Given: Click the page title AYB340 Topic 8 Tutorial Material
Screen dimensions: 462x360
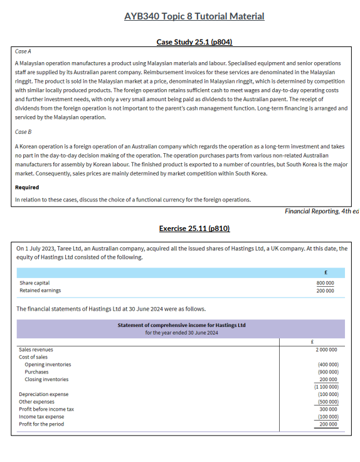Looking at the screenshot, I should coord(194,16).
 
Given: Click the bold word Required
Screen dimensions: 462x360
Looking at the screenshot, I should coord(27,187).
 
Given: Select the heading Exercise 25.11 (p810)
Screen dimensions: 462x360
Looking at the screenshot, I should coord(194,228).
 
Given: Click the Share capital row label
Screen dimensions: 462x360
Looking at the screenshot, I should coord(34,283).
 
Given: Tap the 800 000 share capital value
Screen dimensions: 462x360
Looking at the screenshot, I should coord(325,283).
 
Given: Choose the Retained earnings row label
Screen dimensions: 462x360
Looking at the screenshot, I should coord(40,290).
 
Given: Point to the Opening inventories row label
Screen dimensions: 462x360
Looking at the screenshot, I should coord(48,364).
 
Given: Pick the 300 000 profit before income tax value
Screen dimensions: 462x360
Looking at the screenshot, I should coord(328,409).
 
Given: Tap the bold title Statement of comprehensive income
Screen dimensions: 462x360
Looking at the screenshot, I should coord(181,325).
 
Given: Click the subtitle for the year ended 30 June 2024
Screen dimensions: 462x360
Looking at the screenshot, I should coord(181,332).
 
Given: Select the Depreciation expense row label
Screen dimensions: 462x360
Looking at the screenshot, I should coord(44,394).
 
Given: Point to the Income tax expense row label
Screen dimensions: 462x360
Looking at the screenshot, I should coord(41,417).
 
